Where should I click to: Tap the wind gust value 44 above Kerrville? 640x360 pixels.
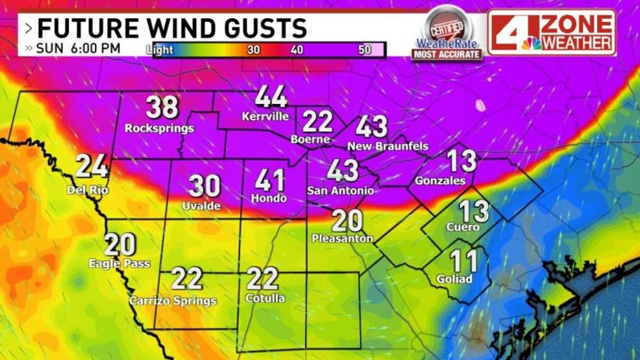tap(271, 97)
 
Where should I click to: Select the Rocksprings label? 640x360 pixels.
tap(160, 128)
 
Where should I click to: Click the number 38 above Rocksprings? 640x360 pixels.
tap(162, 108)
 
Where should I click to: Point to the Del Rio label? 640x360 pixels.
tap(88, 190)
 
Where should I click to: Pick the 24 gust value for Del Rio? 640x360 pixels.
tap(91, 167)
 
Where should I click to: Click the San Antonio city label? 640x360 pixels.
tap(340, 191)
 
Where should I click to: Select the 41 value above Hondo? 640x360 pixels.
tap(271, 178)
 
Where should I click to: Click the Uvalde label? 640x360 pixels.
tap(202, 206)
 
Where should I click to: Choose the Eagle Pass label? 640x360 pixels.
tap(119, 264)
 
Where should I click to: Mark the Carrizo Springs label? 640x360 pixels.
tap(173, 300)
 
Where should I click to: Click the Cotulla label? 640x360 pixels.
tap(265, 298)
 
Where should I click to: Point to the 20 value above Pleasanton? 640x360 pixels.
tap(347, 221)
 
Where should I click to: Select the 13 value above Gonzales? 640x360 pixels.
tap(462, 161)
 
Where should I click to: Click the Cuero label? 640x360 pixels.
tap(462, 228)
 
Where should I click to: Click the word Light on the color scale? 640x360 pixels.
tap(160, 50)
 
